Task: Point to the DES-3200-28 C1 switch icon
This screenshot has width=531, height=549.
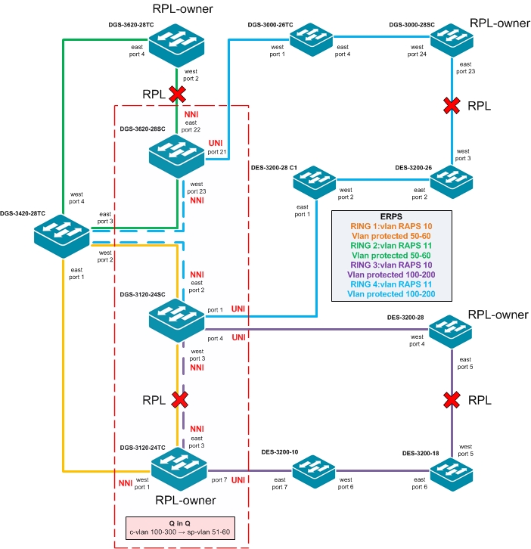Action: coord(316,178)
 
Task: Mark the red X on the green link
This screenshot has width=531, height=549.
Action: coord(177,94)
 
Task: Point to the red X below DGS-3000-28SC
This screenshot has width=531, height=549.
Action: coord(452,105)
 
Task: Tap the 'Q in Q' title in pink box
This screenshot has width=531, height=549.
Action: coord(179,523)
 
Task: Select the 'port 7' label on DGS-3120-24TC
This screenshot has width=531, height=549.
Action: coord(219,480)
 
